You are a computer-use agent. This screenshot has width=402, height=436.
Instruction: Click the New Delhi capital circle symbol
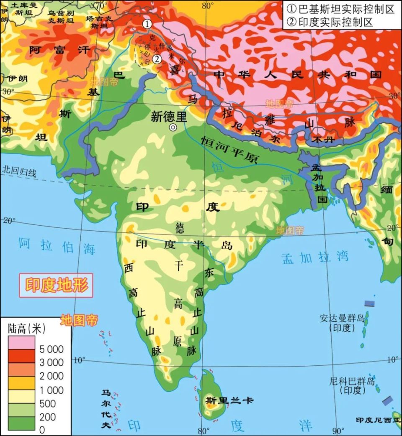[x=172, y=128]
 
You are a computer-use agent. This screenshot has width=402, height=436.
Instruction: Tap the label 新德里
[x=169, y=117]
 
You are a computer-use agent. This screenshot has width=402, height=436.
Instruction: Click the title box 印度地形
[x=57, y=286]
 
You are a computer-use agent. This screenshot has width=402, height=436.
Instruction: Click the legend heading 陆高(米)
[x=26, y=329]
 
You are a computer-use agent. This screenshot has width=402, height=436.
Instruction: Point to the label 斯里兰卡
[x=229, y=400]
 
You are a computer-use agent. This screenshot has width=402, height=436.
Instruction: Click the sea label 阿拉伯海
[x=57, y=246]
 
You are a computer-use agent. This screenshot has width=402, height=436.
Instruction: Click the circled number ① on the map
[x=147, y=24]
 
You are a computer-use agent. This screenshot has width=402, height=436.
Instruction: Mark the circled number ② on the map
[x=157, y=59]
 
